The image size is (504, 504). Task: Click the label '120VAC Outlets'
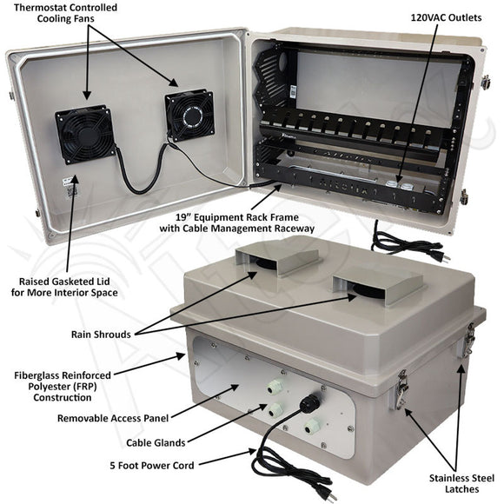point(446,17)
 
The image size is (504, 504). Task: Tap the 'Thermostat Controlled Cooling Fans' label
point(65,13)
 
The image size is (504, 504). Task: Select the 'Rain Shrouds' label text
point(101,335)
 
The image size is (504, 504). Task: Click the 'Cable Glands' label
point(156,442)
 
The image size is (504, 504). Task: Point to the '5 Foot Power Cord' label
point(152,466)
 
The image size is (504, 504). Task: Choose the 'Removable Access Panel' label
point(113,418)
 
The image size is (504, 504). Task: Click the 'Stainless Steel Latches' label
point(461,483)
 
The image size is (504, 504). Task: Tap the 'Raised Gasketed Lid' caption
point(64,282)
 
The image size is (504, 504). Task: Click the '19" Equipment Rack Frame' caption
point(237,217)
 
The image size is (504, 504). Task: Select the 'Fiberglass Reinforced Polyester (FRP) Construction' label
point(63,387)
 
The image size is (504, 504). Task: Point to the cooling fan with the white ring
point(189,115)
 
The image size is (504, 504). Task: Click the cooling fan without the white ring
point(85,134)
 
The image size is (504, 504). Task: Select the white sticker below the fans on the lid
point(70,188)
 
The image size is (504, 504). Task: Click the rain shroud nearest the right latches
point(377,286)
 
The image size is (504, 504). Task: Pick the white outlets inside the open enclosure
point(400,185)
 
